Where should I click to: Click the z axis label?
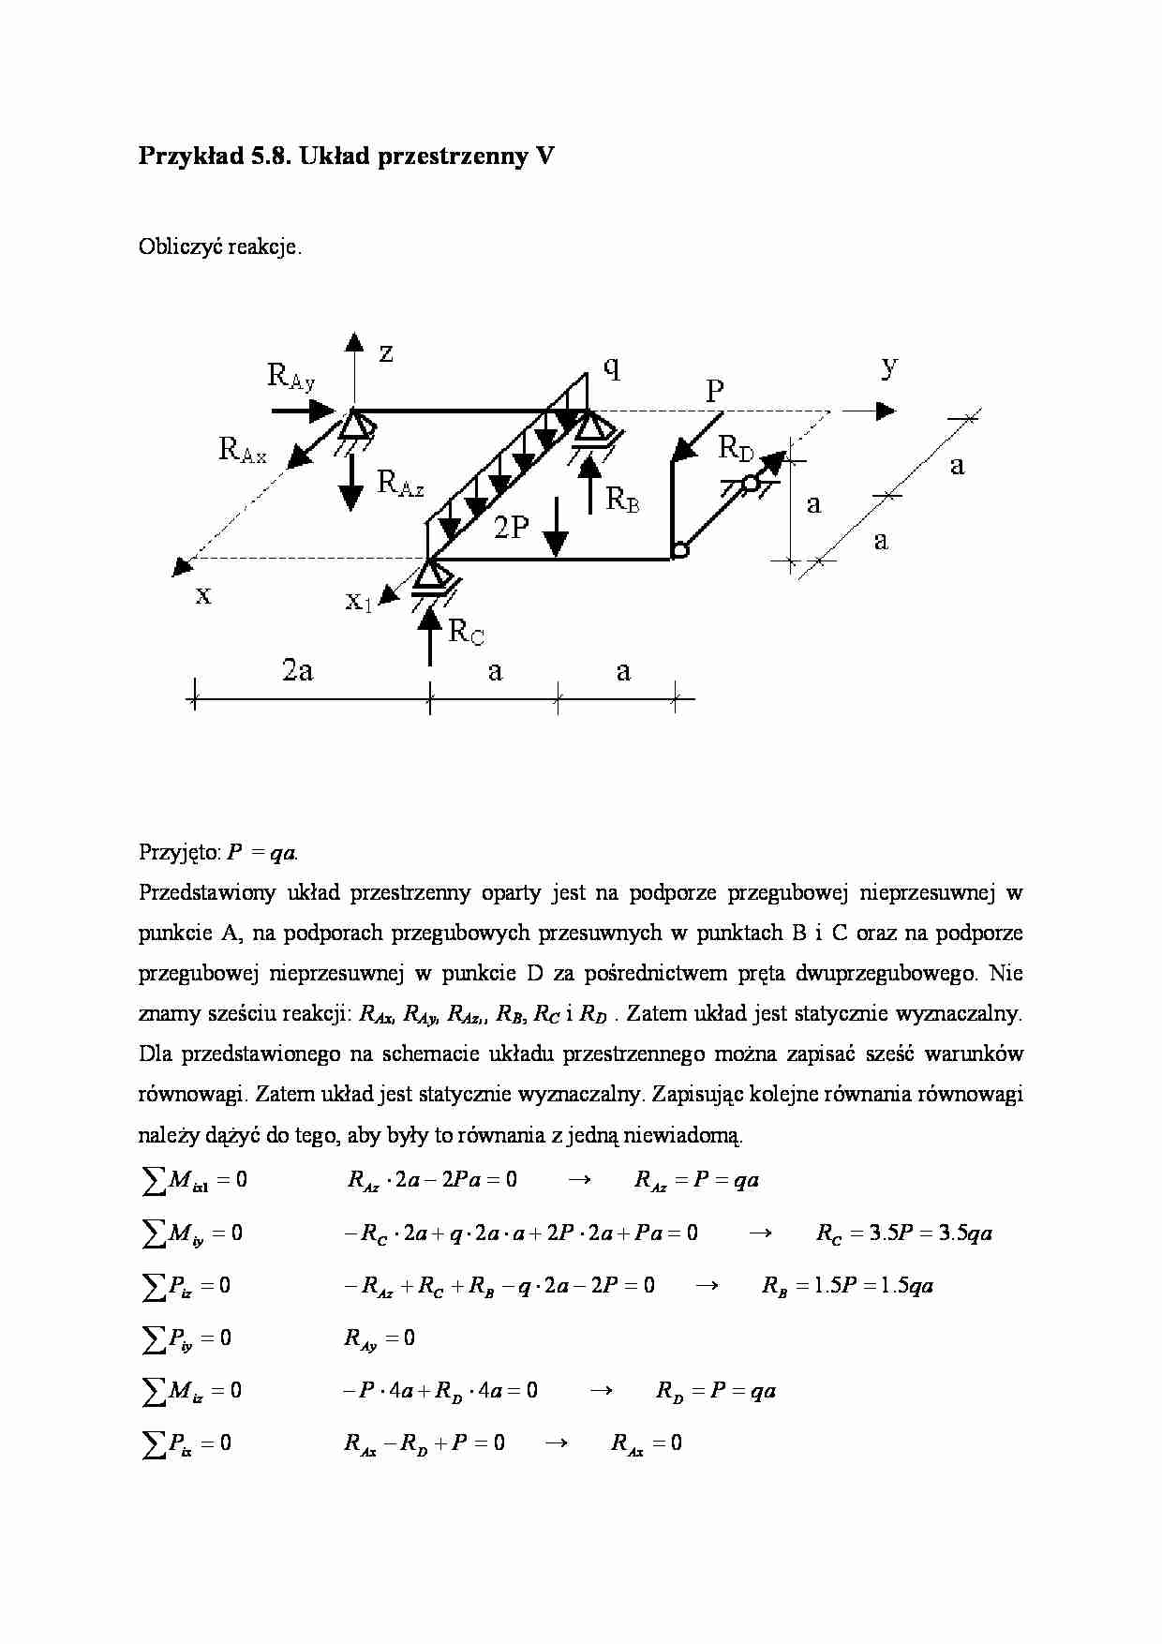point(385,353)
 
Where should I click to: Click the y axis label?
point(889,366)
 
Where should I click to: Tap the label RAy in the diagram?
point(291,377)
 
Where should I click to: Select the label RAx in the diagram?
point(243,451)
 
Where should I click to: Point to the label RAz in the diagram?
point(400,484)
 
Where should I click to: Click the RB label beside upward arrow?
point(623,499)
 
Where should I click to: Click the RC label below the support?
point(467,633)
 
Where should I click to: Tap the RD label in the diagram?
point(737,449)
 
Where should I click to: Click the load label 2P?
point(512,529)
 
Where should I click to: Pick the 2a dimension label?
point(298,670)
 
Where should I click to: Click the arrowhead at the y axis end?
point(886,411)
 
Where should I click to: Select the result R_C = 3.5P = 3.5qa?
point(903,1233)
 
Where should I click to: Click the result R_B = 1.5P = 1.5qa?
point(847,1285)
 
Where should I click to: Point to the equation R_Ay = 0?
point(379,1338)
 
